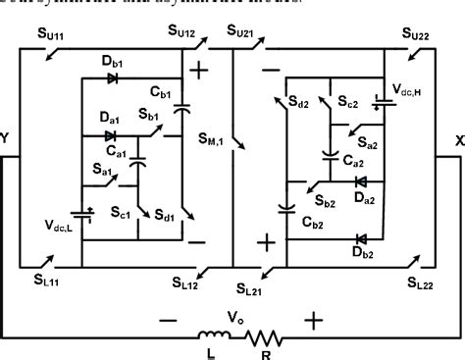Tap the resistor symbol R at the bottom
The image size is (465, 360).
tap(263, 339)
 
